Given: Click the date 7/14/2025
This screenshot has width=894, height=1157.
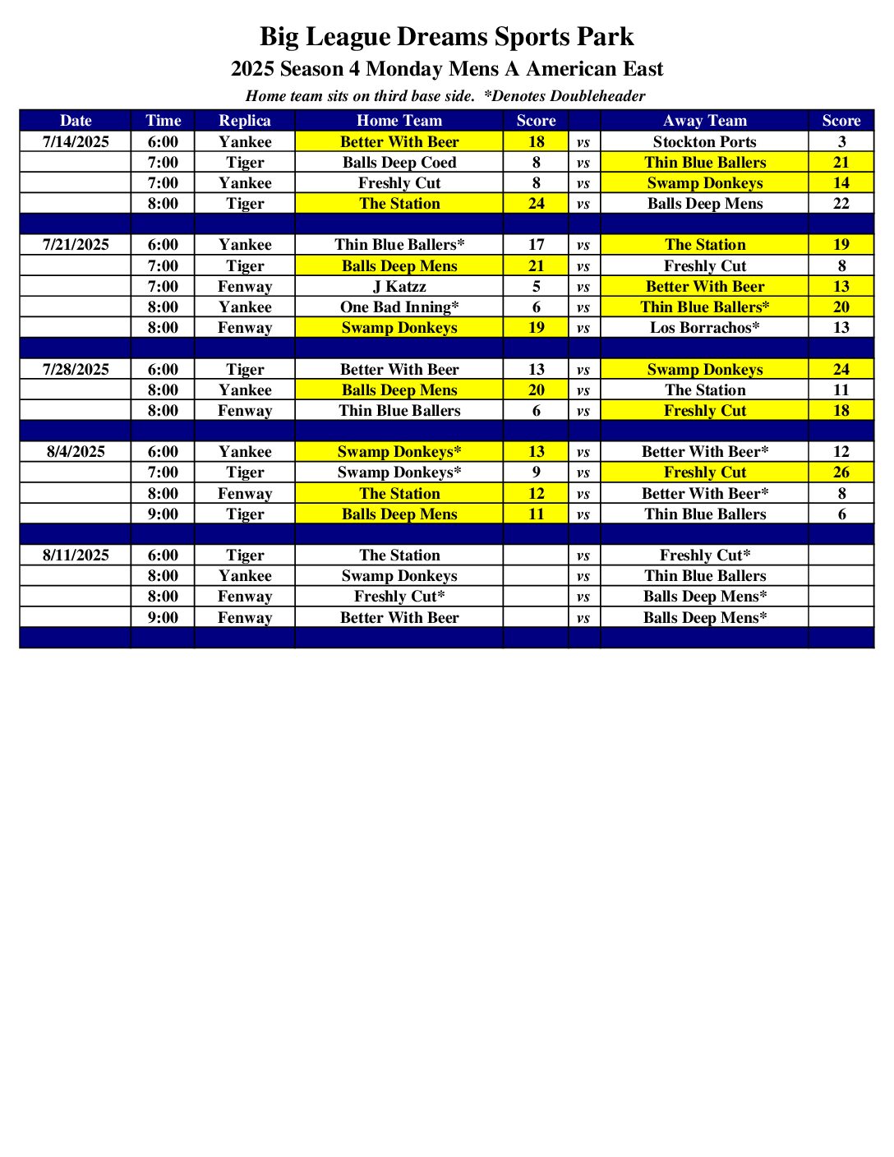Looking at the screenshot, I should coord(76,142).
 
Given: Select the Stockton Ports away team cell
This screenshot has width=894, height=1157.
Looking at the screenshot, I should coord(704,142).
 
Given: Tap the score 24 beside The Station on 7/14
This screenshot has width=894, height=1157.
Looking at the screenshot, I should coord(536,204).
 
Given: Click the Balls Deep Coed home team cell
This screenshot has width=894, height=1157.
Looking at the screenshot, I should coord(399,163).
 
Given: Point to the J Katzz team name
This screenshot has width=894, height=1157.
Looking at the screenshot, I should coord(399,287).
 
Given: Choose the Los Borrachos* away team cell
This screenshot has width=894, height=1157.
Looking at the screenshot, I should coord(704,328).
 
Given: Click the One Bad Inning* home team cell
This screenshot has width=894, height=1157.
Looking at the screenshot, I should coord(399,307).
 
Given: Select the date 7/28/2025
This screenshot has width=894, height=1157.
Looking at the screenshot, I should coord(76,370).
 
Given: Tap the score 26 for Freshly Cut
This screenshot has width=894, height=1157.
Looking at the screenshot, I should coord(841,472).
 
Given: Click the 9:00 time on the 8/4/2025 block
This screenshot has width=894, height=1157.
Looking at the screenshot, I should coord(163,514).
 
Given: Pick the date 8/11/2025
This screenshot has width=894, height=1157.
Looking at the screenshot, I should coord(76,555).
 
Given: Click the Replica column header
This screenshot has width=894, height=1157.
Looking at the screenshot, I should coord(245,121).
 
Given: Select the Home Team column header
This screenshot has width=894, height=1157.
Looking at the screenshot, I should coord(399,121).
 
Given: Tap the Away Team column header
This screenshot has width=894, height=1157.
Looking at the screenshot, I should coord(704,121).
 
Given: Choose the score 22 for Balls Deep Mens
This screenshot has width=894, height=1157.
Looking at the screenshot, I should coord(841,204).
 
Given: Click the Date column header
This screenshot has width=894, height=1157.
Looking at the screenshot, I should coord(76,121).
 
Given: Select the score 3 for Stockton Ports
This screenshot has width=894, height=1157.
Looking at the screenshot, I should coord(841,142).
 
